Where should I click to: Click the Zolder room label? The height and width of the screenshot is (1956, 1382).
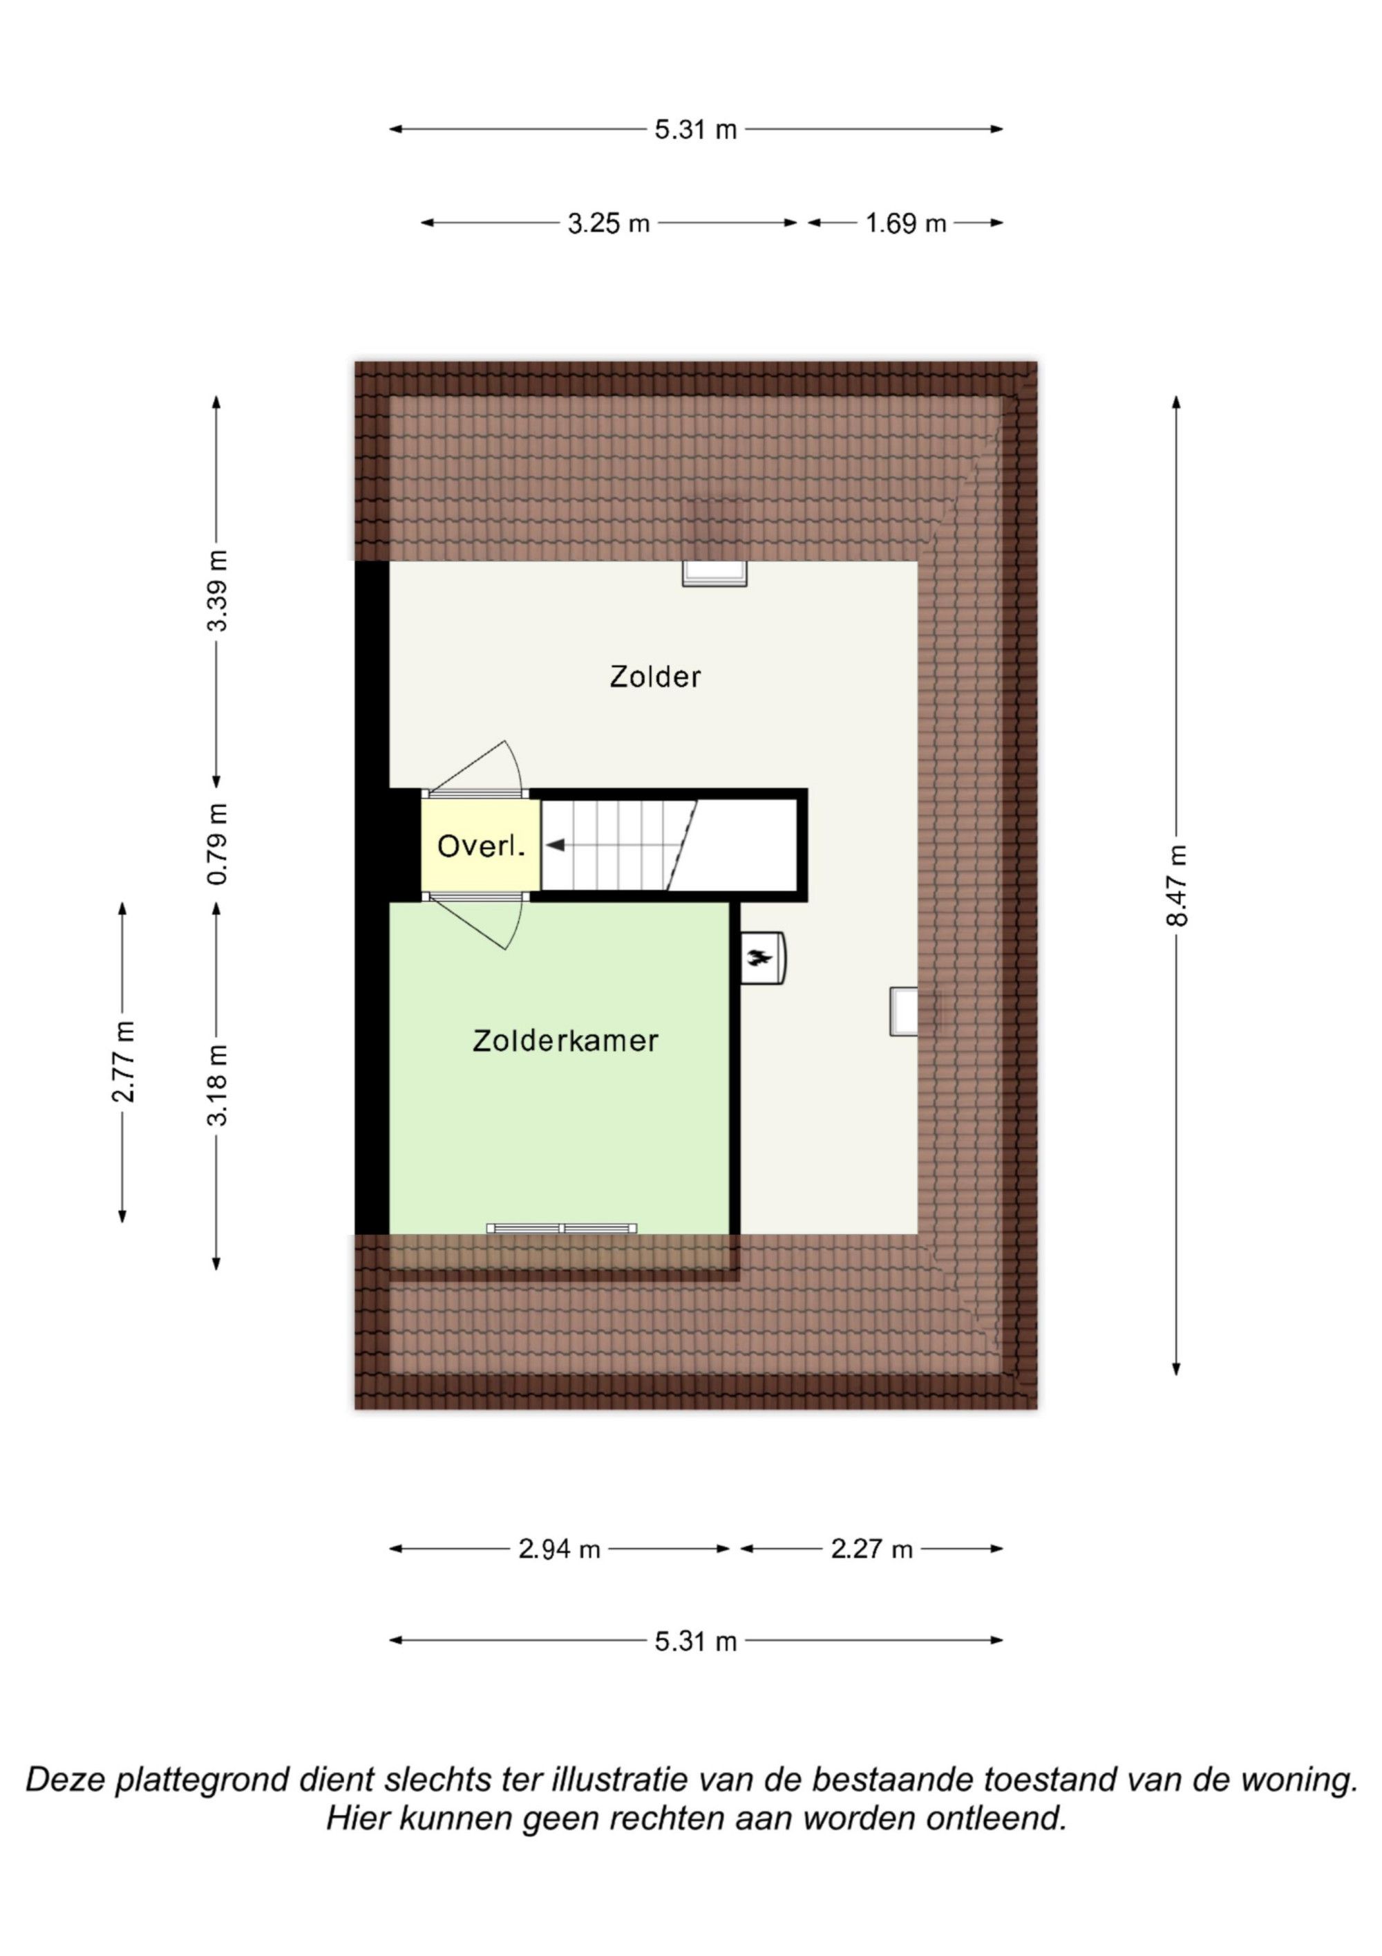click(x=655, y=678)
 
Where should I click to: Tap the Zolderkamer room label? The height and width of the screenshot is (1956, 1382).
click(x=565, y=1041)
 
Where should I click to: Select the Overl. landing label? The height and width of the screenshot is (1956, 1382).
click(x=481, y=846)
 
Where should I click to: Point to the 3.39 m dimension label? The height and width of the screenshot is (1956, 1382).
click(x=217, y=591)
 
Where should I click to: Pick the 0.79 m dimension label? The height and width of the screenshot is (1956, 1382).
click(x=217, y=844)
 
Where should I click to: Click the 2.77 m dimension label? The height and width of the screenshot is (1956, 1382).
click(x=124, y=1061)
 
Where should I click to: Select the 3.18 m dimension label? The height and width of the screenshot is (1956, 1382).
click(x=217, y=1086)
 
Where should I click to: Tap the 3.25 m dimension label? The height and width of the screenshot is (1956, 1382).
click(x=609, y=224)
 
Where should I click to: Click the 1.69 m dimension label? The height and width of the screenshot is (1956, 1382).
click(x=906, y=224)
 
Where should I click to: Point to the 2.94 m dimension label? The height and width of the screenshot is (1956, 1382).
click(x=560, y=1549)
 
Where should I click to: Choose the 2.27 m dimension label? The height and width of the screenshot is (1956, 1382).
click(x=872, y=1549)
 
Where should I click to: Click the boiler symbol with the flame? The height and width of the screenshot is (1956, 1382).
click(x=763, y=958)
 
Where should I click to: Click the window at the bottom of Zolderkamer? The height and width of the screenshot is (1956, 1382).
click(x=562, y=1228)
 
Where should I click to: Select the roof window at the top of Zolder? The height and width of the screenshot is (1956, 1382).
click(x=714, y=573)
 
